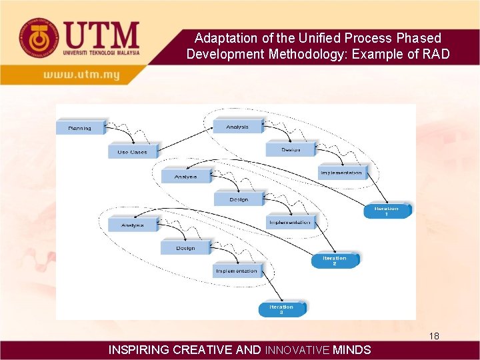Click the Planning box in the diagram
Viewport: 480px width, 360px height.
tap(80, 127)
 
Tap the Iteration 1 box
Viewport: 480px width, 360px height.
tap(387, 211)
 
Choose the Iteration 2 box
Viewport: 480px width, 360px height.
tap(335, 260)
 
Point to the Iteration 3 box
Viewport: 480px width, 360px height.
tap(282, 309)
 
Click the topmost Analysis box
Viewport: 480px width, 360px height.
tap(237, 126)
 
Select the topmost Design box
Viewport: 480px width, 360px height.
tap(291, 150)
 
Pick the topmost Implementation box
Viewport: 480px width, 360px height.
tap(341, 173)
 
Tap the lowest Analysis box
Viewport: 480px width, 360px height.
tap(133, 225)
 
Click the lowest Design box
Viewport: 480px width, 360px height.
tap(185, 248)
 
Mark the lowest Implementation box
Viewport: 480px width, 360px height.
tap(237, 271)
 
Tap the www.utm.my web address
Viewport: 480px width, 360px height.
tap(81, 75)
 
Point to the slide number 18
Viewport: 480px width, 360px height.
tap(434, 336)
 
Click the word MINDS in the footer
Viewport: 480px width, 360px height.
tap(352, 349)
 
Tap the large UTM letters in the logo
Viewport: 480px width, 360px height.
tap(102, 34)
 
